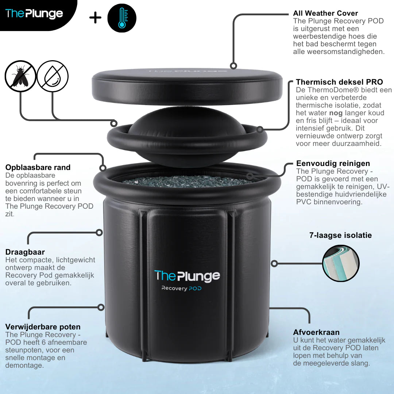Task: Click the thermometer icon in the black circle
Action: pyautogui.click(x=122, y=18)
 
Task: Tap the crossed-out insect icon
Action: pyautogui.click(x=20, y=76)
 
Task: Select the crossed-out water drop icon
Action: pyautogui.click(x=53, y=76)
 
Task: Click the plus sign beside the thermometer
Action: pyautogui.click(x=96, y=18)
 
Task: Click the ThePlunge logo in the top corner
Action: pyautogui.click(x=34, y=14)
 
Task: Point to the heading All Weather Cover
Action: pyautogui.click(x=325, y=13)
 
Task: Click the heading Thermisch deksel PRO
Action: pyautogui.click(x=339, y=82)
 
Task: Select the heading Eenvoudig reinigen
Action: pyautogui.click(x=333, y=163)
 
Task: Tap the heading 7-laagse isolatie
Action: pyautogui.click(x=340, y=235)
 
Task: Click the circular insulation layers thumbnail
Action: pyautogui.click(x=341, y=263)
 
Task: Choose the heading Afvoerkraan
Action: pyautogui.click(x=316, y=332)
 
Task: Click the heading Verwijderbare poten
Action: pyautogui.click(x=43, y=327)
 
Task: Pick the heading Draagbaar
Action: pyautogui.click(x=25, y=252)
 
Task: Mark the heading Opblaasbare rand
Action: pyautogui.click(x=38, y=167)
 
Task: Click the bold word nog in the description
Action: pyautogui.click(x=336, y=113)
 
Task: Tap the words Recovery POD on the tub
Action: pyautogui.click(x=181, y=289)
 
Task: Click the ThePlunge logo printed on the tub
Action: pyautogui.click(x=187, y=276)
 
